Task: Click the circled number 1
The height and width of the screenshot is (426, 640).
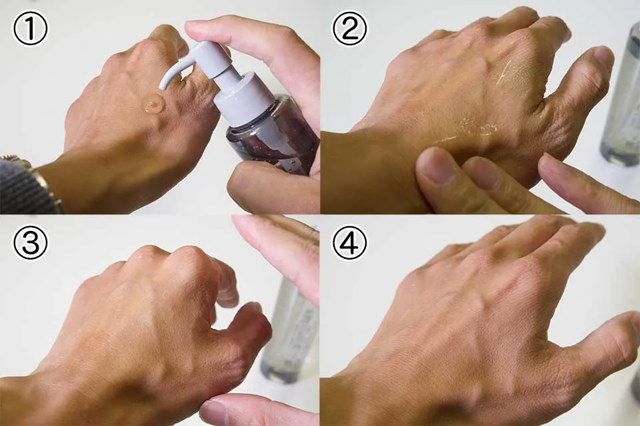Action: [30, 29]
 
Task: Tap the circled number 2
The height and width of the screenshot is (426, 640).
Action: [350, 29]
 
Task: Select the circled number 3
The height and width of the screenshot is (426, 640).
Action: [30, 242]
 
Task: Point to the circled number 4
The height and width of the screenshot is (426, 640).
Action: [350, 242]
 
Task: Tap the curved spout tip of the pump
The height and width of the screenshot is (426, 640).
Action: [163, 84]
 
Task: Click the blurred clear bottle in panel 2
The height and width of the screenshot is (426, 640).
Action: [621, 98]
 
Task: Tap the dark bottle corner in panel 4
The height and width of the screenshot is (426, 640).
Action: [635, 387]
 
